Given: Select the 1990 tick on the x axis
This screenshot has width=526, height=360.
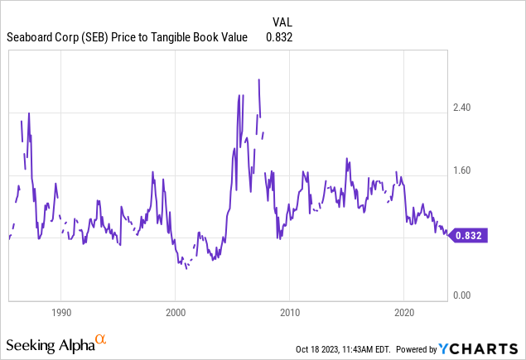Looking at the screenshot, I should (60, 313).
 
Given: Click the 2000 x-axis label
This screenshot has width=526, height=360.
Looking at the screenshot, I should (175, 313).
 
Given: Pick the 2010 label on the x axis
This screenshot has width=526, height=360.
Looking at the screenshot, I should (289, 313).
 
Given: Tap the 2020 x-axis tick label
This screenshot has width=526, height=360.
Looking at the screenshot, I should (403, 313).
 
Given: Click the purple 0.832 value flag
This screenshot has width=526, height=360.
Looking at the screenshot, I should (470, 235).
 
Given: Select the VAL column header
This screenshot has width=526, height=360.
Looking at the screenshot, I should (282, 22).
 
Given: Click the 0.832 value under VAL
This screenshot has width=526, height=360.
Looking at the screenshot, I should (279, 37).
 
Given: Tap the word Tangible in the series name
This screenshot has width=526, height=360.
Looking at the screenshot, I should (188, 37).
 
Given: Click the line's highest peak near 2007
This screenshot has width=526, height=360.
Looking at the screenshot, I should (259, 79).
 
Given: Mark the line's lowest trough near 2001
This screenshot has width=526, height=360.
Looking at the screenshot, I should (186, 269).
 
